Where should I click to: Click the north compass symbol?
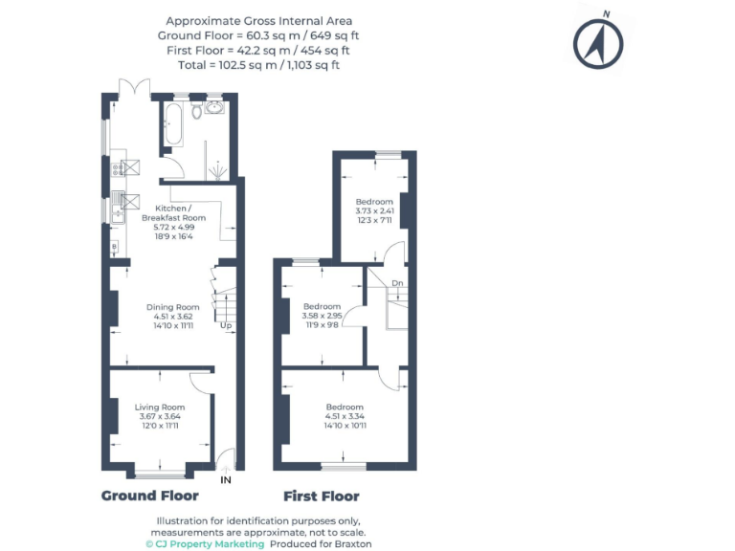point(598,41)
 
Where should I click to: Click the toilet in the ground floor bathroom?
point(197,111)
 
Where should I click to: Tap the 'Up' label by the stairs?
point(226,326)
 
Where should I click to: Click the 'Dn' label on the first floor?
point(397,283)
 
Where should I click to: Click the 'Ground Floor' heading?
point(150,496)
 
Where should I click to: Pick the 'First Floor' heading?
point(322,496)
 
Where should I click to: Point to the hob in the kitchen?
point(119,169)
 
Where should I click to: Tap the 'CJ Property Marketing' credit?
point(204,543)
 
